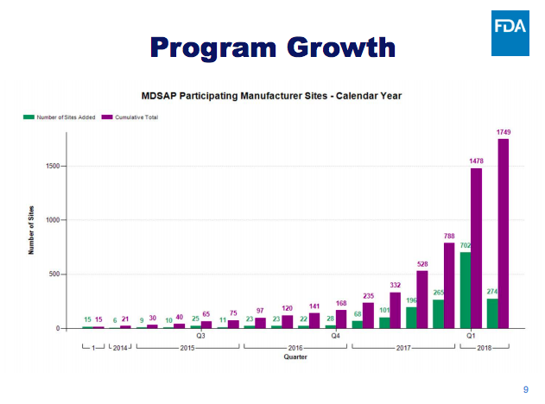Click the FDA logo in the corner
[x=510, y=34]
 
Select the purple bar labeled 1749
[x=503, y=233]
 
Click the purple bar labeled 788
[x=449, y=286]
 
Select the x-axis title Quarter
[x=295, y=356]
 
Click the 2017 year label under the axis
[x=403, y=347]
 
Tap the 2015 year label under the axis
[x=187, y=347]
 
